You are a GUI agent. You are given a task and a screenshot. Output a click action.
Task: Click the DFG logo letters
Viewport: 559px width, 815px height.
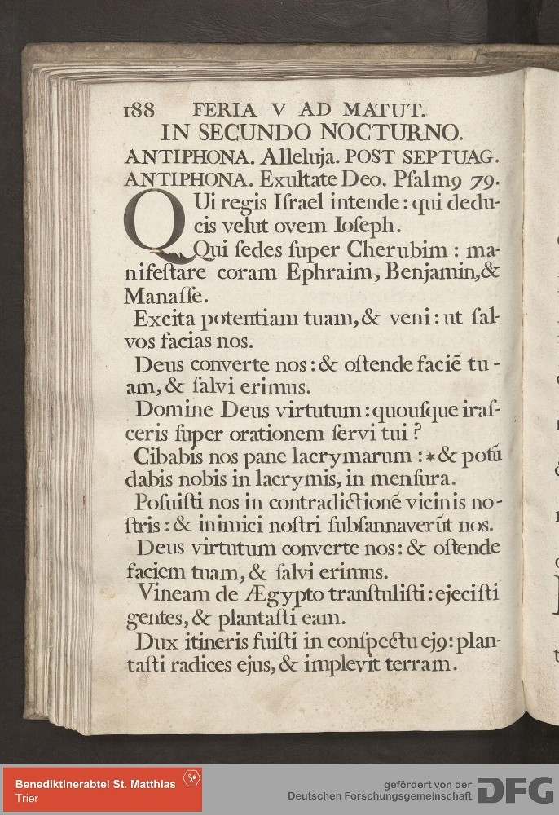pyautogui.click(x=513, y=789)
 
